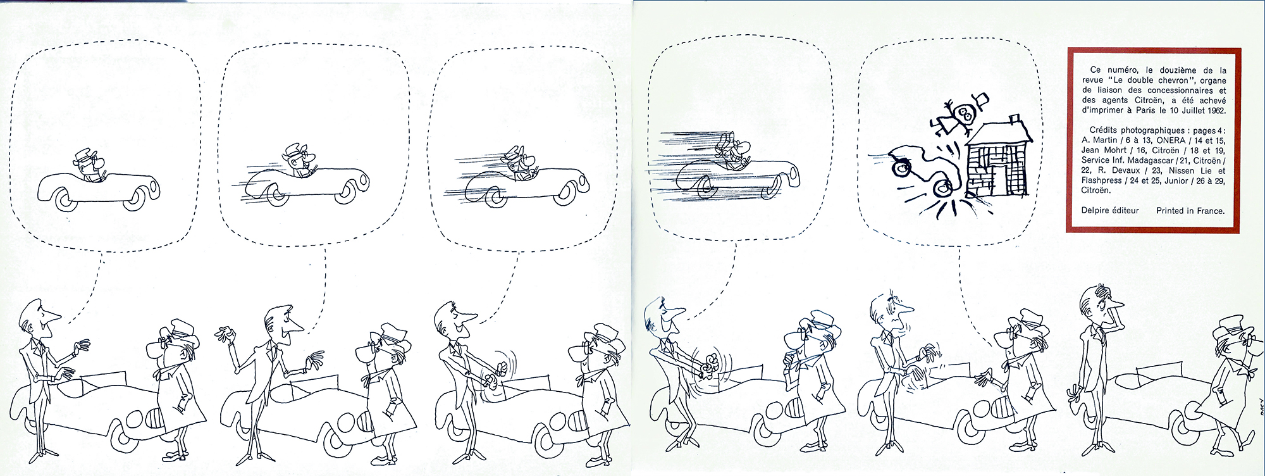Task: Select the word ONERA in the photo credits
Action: pyautogui.click(x=1171, y=141)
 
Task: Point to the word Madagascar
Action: pyautogui.click(x=1160, y=161)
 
